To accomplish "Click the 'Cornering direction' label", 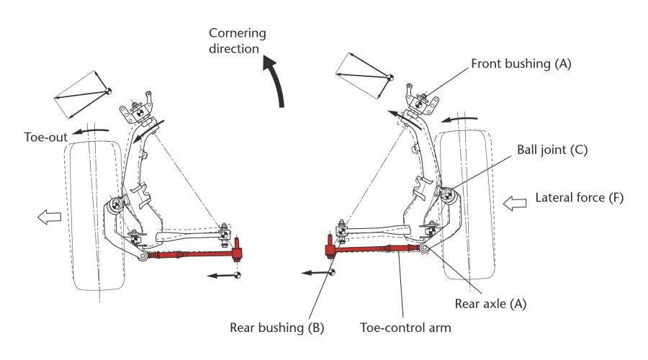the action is pos(237,40).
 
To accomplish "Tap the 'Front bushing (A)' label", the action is pos(521,63).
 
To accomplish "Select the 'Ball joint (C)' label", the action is pos(552,150).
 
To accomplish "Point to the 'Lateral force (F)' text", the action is pos(580,197).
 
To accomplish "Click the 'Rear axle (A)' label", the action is pos(490,304).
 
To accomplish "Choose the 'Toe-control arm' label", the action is pos(405,328).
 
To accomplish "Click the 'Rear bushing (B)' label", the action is pos(277,328).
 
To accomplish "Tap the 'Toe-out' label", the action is pos(45,138).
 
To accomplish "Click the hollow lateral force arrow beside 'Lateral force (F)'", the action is pos(515,203).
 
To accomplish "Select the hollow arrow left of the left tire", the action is pos(49,217).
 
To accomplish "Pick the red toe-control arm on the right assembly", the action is pos(374,248).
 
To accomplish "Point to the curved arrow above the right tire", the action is pos(459,119).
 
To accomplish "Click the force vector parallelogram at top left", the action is pos(83,94).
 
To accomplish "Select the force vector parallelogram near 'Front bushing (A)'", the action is pos(364,76).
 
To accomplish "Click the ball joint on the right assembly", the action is pos(446,194).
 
